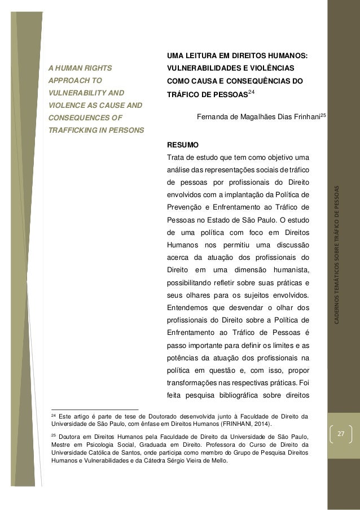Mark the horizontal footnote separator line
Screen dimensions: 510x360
94,409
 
